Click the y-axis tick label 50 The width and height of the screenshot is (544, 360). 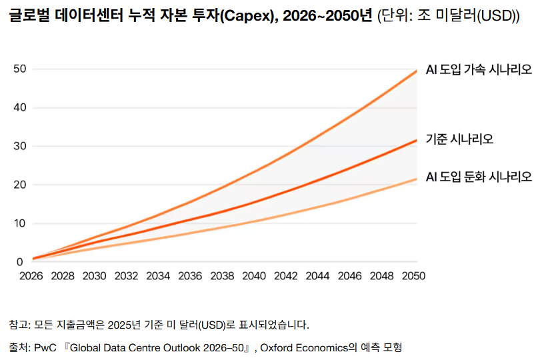coord(20,69)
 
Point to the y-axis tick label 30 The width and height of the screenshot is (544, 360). coord(20,146)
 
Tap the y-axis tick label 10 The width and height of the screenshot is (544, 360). coord(20,223)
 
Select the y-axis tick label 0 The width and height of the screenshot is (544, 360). coord(20,262)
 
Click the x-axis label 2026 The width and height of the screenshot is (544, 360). coord(31,276)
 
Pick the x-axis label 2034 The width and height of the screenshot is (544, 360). coord(158,276)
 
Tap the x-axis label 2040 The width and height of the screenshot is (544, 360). coord(254,276)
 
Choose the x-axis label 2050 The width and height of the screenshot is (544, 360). coord(413,276)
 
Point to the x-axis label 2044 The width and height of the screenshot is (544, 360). coord(317,276)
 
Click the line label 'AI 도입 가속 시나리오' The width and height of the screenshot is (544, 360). coord(479,70)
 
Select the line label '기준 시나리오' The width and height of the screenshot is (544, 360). coord(459,139)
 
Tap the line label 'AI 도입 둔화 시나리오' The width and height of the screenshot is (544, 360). coord(479,177)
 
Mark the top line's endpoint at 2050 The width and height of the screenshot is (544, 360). coord(416,71)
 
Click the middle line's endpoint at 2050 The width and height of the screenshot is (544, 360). coord(416,140)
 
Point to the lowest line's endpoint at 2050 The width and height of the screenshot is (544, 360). coord(416,179)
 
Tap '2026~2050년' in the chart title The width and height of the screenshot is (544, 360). coord(327,15)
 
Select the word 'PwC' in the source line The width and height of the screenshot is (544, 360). coord(45,348)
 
